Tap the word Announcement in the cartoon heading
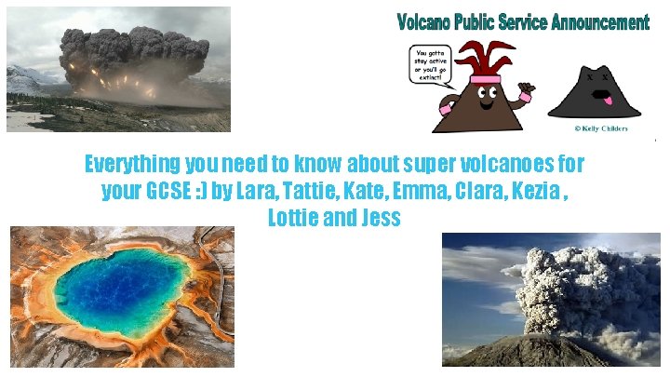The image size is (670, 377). tap(595, 21)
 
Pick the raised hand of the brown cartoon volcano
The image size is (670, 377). tap(527, 93)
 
